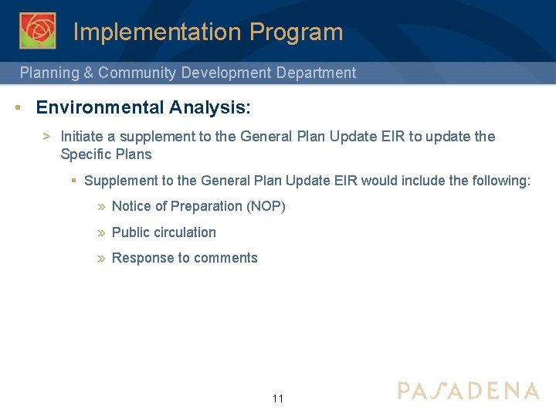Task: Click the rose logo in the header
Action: tap(37, 31)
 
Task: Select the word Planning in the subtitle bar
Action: tap(49, 73)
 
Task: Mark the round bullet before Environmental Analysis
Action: tap(17, 107)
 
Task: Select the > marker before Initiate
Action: tap(46, 137)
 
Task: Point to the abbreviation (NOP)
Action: tap(266, 206)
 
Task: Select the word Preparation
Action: tap(206, 206)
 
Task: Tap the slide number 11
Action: tap(278, 398)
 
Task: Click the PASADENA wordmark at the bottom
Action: tap(468, 391)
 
